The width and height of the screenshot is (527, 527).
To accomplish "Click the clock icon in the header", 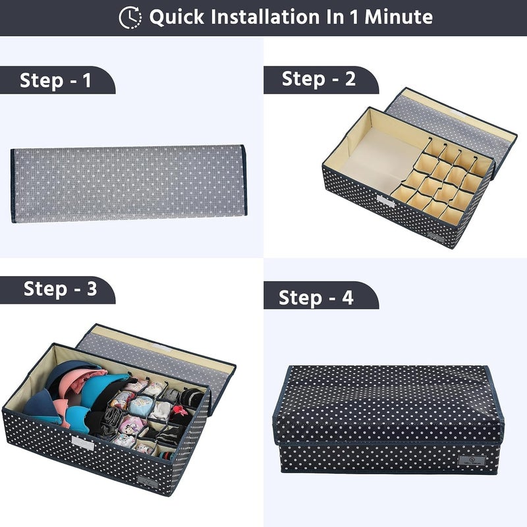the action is [x=130, y=17].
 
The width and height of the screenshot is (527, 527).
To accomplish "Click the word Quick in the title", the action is [x=177, y=17].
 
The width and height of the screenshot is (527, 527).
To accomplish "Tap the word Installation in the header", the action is [x=265, y=17].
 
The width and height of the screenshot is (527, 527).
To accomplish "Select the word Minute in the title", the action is [x=399, y=17].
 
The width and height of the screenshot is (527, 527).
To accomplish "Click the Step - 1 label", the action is [x=55, y=80].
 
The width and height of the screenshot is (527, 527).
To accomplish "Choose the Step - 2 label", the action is [x=319, y=79].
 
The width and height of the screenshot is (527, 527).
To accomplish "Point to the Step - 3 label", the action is [x=60, y=289].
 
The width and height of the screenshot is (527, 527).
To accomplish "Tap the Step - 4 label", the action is [x=316, y=298].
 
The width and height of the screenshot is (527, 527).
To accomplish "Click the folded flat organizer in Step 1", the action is [x=128, y=184].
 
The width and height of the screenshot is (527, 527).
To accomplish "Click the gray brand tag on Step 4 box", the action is [x=471, y=460].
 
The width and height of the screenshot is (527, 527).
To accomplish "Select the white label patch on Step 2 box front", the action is [x=385, y=201].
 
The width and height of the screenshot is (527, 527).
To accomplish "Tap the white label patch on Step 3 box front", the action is [x=83, y=443].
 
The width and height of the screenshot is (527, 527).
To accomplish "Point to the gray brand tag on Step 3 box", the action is [x=148, y=482].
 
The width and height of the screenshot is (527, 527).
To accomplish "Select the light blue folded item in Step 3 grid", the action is [x=141, y=406].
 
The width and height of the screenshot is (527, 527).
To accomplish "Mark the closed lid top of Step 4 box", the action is [x=388, y=403].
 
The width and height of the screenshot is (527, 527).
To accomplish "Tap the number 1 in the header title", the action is [x=354, y=17].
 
